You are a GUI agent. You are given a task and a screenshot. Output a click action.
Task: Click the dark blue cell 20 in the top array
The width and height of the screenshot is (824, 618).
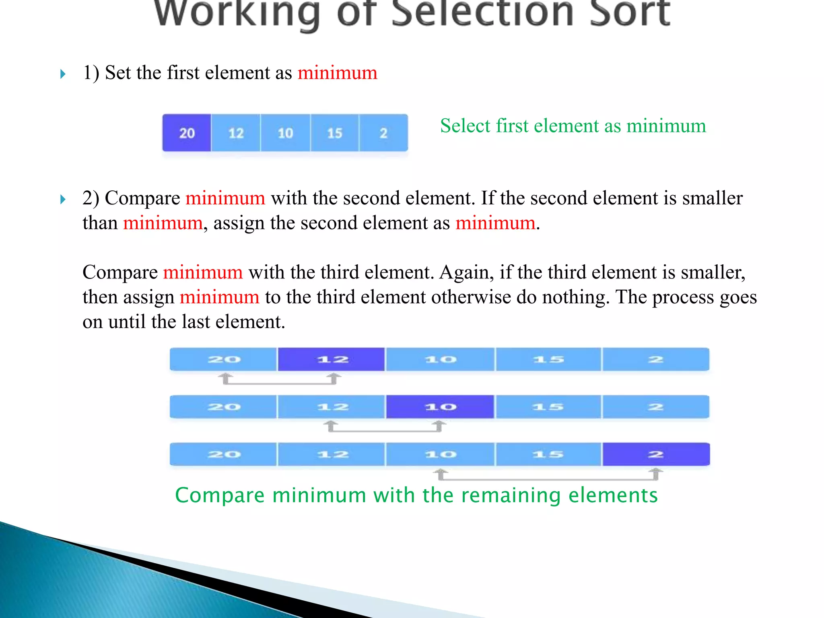(x=187, y=133)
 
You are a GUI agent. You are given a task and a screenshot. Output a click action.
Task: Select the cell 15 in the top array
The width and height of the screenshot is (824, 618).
(x=334, y=133)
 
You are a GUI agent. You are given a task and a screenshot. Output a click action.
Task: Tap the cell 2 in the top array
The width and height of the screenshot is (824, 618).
(x=383, y=133)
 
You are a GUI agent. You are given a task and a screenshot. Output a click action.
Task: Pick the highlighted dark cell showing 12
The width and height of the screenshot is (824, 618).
(x=332, y=359)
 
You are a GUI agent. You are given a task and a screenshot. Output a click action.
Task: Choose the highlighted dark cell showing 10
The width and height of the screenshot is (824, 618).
(x=440, y=407)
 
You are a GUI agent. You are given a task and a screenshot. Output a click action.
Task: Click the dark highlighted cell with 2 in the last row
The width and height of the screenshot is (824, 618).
(x=656, y=454)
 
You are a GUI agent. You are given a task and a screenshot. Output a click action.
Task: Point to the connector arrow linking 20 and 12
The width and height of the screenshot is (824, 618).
(x=279, y=382)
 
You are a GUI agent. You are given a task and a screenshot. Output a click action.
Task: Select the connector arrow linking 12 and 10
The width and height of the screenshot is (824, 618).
(x=385, y=429)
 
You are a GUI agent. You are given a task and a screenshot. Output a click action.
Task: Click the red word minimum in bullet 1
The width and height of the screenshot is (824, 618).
(x=337, y=73)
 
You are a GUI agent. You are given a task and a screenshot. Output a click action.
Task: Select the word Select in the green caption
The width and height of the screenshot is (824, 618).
(x=465, y=126)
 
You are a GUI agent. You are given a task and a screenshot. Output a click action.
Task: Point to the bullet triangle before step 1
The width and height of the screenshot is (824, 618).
(x=63, y=74)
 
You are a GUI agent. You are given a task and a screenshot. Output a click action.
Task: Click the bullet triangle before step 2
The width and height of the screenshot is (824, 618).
(x=63, y=199)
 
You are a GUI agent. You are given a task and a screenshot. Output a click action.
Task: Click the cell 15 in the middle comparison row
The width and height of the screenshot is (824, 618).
(x=548, y=407)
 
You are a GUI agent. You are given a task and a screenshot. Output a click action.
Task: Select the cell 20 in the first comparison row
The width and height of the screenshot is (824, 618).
(x=224, y=359)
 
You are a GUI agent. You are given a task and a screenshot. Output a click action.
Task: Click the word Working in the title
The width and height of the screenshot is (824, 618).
(x=237, y=14)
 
